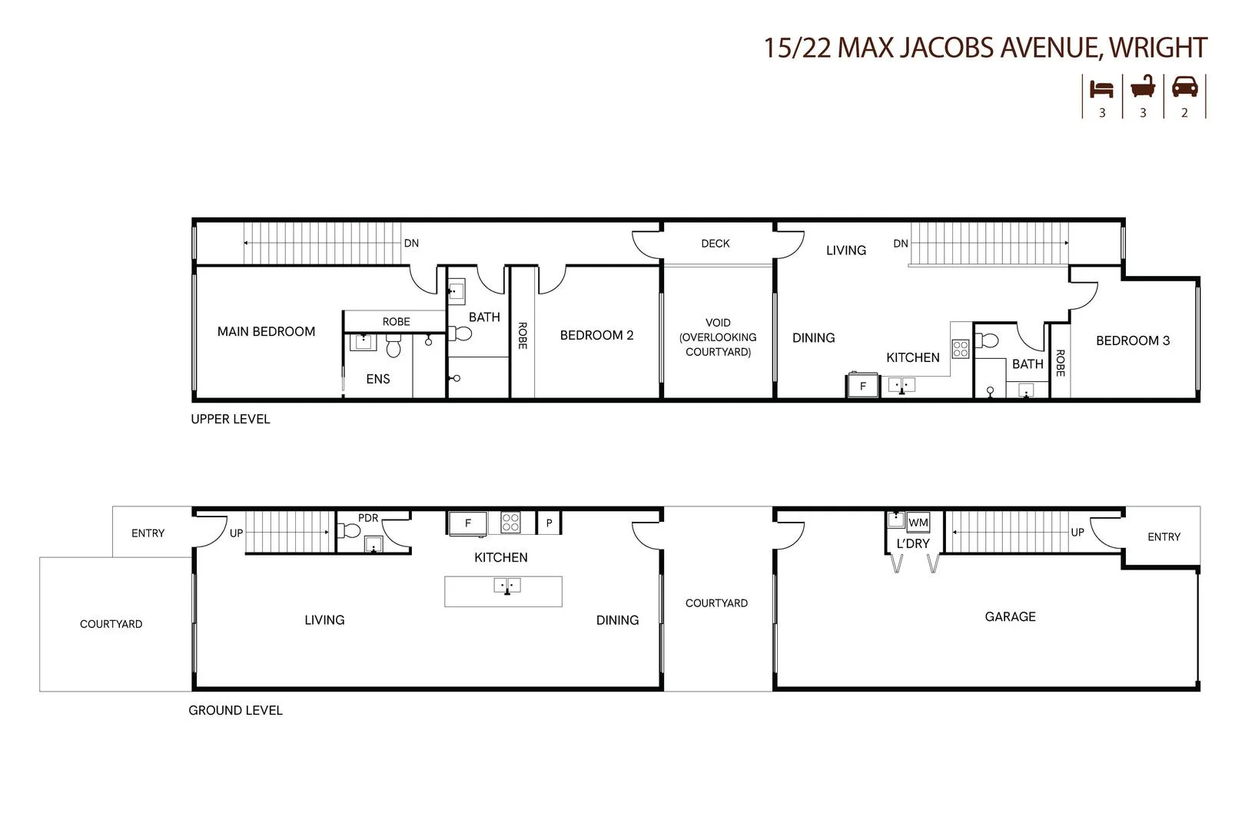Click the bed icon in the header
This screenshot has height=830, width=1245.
(x=1101, y=88)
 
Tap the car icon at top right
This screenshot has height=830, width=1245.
(x=1184, y=87)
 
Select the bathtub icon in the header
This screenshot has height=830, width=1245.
(x=1143, y=87)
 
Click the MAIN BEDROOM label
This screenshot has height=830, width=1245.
(x=266, y=331)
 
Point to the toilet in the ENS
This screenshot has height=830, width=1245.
(x=393, y=347)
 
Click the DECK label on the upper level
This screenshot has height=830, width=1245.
(x=715, y=244)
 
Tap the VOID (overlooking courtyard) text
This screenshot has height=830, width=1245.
(x=718, y=337)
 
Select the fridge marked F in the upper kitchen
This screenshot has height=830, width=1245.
(x=862, y=386)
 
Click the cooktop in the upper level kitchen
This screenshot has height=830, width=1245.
(x=961, y=349)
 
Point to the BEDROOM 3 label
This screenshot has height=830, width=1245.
(x=1132, y=340)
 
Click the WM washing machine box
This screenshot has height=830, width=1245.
(x=918, y=523)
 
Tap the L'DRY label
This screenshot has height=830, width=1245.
(x=913, y=543)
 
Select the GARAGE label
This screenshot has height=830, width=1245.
(x=1010, y=616)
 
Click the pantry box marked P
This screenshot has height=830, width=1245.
(x=549, y=523)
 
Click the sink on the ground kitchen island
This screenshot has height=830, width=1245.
(x=506, y=586)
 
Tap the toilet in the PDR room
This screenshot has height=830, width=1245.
(x=350, y=530)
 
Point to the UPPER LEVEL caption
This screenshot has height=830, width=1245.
(x=231, y=419)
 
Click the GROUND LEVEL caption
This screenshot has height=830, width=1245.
(x=235, y=710)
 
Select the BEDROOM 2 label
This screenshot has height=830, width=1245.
(x=596, y=335)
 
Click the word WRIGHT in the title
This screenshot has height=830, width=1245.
(x=1157, y=48)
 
